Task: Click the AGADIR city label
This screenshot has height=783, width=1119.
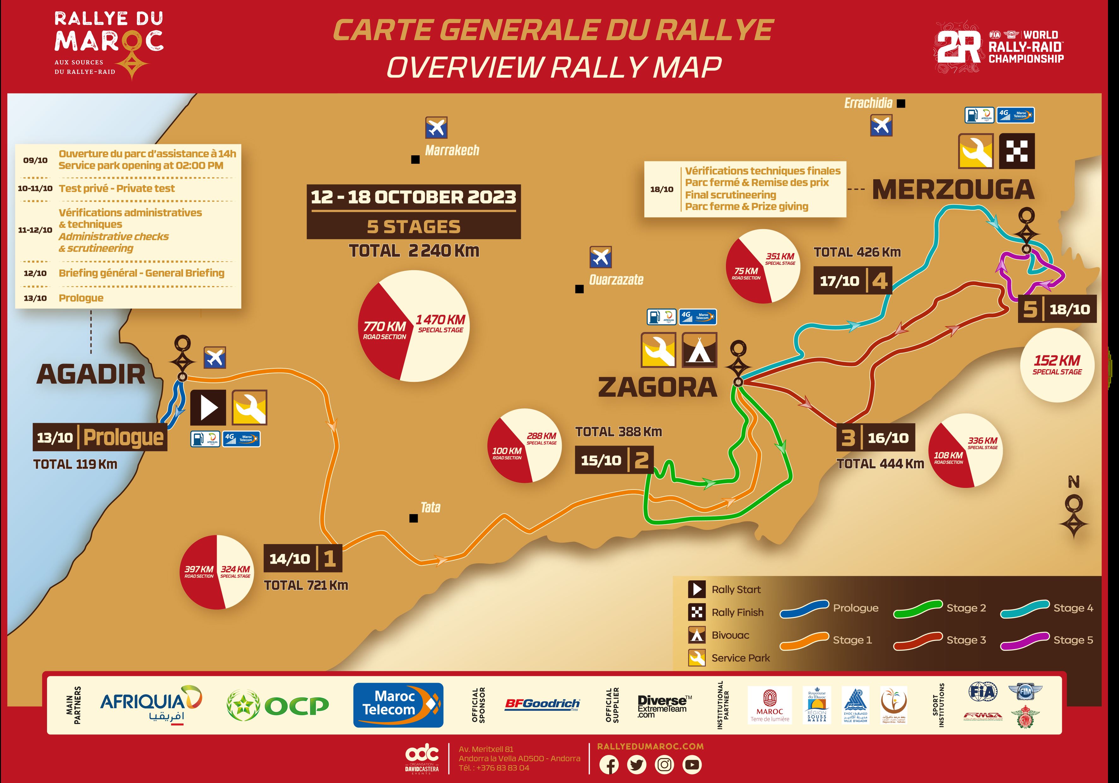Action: click(x=91, y=374)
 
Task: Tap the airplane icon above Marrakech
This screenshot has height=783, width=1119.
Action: click(x=436, y=128)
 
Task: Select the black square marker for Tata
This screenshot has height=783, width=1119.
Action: click(x=413, y=518)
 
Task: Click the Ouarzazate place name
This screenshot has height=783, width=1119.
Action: click(x=616, y=280)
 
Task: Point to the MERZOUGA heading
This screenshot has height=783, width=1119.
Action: click(x=953, y=190)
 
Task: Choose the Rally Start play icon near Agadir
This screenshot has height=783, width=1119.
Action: click(x=208, y=407)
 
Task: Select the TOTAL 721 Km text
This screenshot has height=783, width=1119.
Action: click(x=306, y=585)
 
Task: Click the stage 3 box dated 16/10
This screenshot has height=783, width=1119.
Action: click(x=875, y=438)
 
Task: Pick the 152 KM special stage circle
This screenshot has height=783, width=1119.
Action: click(x=1057, y=365)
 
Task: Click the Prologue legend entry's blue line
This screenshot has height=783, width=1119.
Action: click(x=804, y=609)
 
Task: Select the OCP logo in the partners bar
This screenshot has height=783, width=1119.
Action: click(x=278, y=705)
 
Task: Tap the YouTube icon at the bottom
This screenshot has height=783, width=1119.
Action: click(x=692, y=764)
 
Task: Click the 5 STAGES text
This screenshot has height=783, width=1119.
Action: click(x=413, y=227)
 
